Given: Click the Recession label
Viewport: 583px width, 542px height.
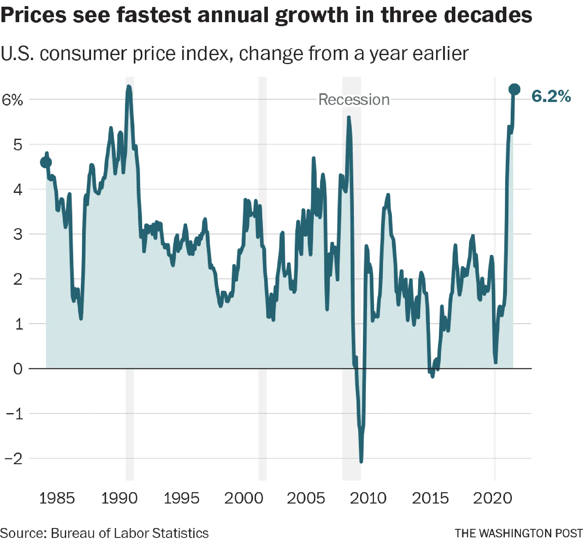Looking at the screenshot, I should (354, 100).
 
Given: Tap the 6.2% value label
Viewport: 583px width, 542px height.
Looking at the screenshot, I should (551, 96).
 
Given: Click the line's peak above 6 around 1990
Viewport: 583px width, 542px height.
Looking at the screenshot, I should (129, 87).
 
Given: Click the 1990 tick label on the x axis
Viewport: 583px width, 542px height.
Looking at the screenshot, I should (119, 498).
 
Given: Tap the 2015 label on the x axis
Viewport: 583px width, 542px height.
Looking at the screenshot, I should (430, 498).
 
